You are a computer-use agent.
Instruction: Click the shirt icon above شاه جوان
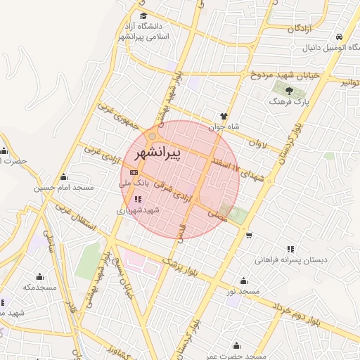click(x=224, y=117)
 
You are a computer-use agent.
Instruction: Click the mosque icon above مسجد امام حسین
click(x=64, y=176)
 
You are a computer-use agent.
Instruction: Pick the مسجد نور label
click(x=249, y=290)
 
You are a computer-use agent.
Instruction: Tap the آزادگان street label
click(x=300, y=29)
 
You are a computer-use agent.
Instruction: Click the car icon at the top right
click(x=340, y=37)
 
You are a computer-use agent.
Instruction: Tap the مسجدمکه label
click(x=39, y=287)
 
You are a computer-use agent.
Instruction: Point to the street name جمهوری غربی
click(x=115, y=117)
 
